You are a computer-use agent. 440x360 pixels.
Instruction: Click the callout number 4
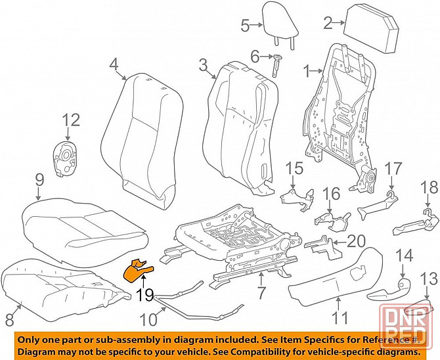point(114,64)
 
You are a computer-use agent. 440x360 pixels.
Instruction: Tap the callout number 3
point(203,64)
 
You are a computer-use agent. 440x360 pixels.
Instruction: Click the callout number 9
point(39,178)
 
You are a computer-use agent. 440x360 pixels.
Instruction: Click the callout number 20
point(355,242)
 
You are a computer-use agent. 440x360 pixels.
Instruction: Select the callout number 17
point(392,168)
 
